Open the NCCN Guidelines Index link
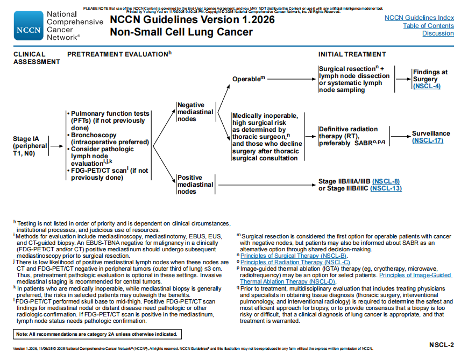pyautogui.click(x=419, y=18)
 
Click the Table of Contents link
pyautogui.click(x=428, y=26)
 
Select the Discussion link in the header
pyautogui.click(x=438, y=33)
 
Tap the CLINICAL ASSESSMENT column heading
pyautogui.click(x=37, y=58)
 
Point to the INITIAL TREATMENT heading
pyautogui.click(x=352, y=54)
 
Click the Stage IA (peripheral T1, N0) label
pyautogui.click(x=29, y=146)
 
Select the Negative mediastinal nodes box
pyautogui.click(x=195, y=112)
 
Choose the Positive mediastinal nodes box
pyautogui.click(x=195, y=185)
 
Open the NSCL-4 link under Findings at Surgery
pyautogui.click(x=427, y=86)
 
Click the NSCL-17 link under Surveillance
pyautogui.click(x=428, y=140)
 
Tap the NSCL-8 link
pyautogui.click(x=386, y=181)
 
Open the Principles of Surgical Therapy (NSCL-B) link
pyautogui.click(x=293, y=256)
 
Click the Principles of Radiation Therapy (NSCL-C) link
pyautogui.click(x=295, y=262)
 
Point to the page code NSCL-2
pyautogui.click(x=441, y=344)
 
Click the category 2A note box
pyautogui.click(x=97, y=334)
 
